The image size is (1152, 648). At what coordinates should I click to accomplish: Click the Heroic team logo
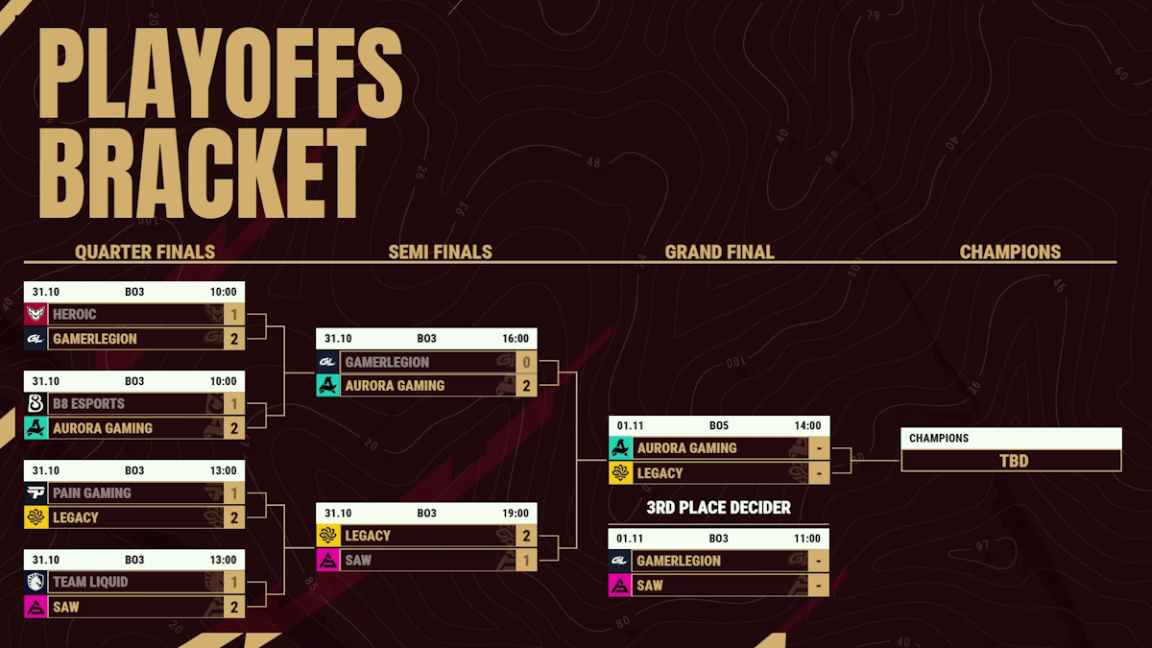point(36,314)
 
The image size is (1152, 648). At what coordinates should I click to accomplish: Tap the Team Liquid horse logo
point(36,582)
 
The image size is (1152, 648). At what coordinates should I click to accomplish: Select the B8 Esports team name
point(88,404)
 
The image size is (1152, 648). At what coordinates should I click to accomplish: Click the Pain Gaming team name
point(92,493)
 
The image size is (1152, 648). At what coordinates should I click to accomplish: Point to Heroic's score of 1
point(234,314)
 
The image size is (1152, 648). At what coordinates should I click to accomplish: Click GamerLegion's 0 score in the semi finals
point(526,363)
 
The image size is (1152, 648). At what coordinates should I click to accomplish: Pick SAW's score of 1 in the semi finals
point(526,561)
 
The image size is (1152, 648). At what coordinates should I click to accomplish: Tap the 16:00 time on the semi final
point(516,338)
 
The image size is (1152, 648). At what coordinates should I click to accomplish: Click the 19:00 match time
point(516,514)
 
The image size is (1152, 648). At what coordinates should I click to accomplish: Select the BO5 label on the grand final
point(719,426)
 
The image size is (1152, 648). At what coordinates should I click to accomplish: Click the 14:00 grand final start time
point(807,426)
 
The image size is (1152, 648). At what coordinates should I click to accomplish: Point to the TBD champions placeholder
point(1014,461)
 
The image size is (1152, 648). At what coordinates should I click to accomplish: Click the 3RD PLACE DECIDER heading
point(718,508)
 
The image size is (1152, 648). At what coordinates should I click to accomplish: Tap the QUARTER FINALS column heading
point(145,252)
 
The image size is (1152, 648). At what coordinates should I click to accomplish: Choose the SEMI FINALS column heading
point(441,252)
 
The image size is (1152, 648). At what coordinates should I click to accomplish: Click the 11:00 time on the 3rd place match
point(807,539)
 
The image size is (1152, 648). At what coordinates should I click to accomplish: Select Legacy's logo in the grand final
point(620,473)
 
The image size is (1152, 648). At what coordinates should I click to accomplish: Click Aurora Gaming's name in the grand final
point(687,448)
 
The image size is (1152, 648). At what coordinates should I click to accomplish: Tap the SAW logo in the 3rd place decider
point(620,586)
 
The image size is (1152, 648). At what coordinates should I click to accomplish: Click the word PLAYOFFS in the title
point(220,73)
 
